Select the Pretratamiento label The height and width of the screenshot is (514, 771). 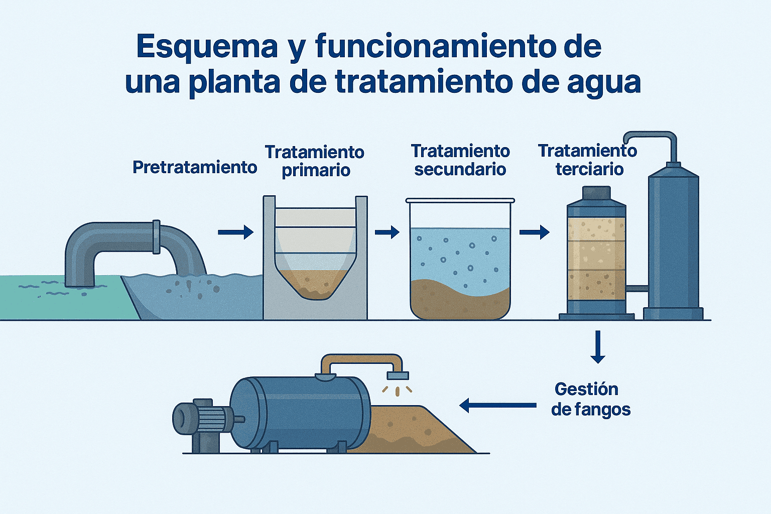[x=195, y=168]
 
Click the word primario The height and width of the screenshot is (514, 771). [x=316, y=171]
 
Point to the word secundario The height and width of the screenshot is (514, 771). [x=460, y=169]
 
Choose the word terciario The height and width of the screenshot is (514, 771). [x=590, y=169]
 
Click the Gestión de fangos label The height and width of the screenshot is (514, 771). [x=591, y=400]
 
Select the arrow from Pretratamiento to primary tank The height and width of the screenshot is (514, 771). [x=236, y=232]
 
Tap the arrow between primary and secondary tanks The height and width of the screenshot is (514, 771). [x=387, y=232]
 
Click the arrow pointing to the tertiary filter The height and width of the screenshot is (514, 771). [x=535, y=232]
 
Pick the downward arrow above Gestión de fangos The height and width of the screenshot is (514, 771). [x=598, y=347]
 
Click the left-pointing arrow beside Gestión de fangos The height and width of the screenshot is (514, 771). [x=498, y=405]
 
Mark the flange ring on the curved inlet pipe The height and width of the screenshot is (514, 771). [x=156, y=237]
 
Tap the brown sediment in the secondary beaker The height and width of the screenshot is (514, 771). [x=460, y=300]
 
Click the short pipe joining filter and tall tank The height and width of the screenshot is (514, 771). [x=637, y=289]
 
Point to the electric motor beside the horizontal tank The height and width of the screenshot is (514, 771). [x=203, y=420]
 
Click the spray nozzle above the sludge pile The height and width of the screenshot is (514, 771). [x=398, y=375]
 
